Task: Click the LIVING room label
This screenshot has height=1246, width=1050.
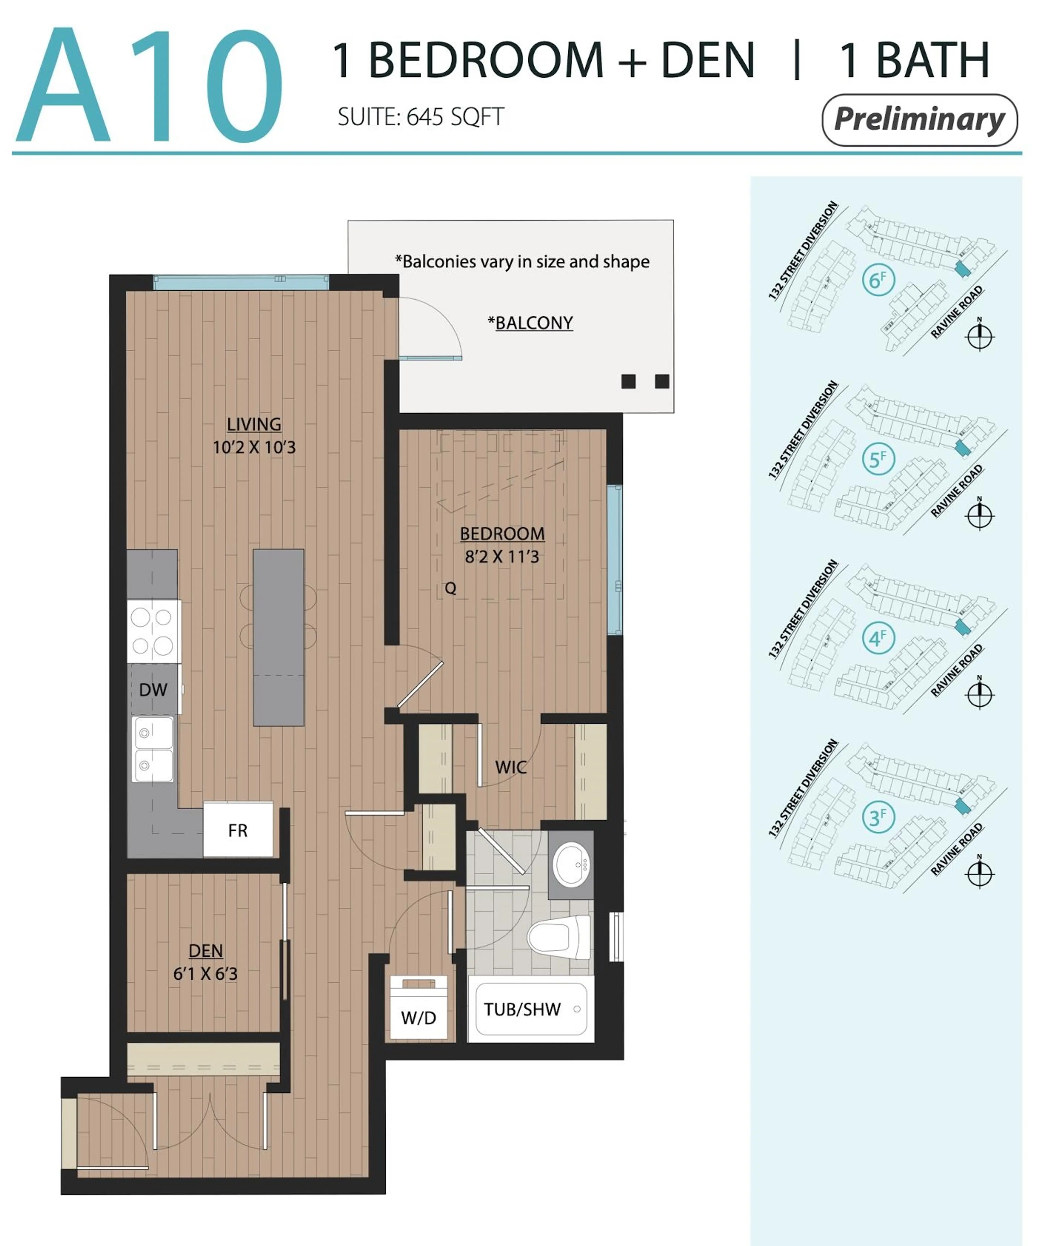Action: tap(254, 424)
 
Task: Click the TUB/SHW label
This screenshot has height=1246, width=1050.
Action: tap(522, 1009)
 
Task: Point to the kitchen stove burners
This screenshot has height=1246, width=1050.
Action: tap(154, 631)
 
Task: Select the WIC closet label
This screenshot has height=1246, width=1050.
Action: tap(511, 767)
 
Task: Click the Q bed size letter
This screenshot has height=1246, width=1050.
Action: tap(451, 588)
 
